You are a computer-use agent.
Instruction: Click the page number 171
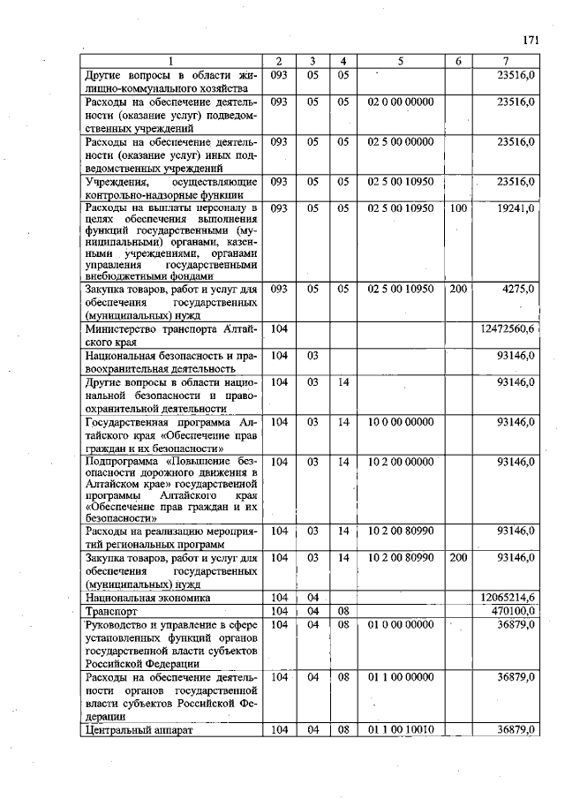531,40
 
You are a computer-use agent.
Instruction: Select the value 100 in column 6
457,208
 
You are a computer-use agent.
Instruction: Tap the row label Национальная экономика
147,598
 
